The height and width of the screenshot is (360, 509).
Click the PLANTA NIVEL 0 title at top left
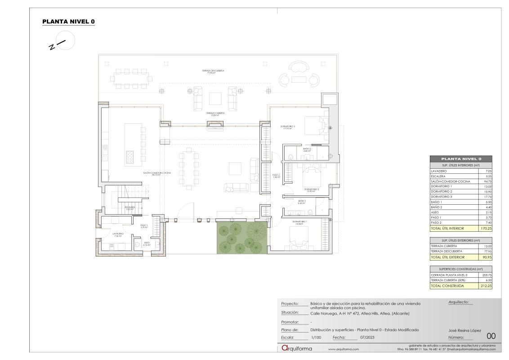point(68,22)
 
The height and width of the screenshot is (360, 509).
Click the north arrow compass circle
point(66,41)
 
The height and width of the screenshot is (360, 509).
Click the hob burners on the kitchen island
point(130,157)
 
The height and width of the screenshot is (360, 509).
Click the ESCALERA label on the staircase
point(130,208)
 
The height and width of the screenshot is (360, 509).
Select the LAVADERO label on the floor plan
point(118,234)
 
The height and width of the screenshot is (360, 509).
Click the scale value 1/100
point(315,337)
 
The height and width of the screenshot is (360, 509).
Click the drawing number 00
point(491,336)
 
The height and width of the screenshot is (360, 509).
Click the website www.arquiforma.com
point(344,349)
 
